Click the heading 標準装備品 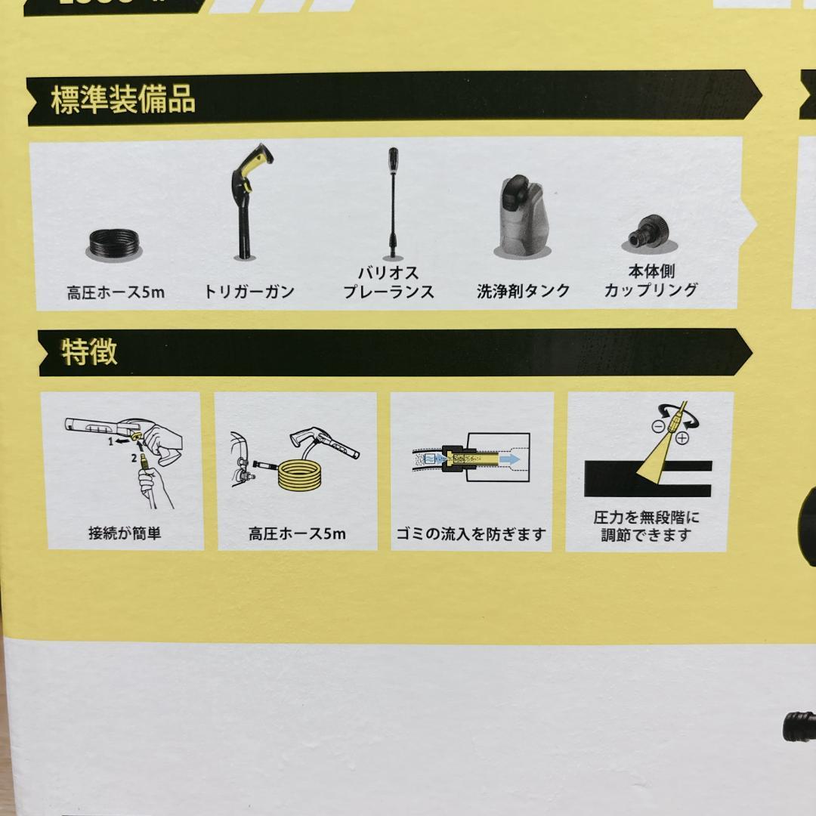coord(123,100)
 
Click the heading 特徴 coord(89,353)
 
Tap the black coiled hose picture coord(114,244)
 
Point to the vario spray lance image coord(392,202)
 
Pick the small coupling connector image coord(649,233)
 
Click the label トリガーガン coord(249,292)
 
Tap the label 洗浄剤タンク coord(523,292)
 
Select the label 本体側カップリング coord(651,280)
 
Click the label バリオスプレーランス coord(388,283)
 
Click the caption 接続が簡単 coord(125,533)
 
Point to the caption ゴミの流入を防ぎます coord(471,533)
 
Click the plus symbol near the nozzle coord(682,437)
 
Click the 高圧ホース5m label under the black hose coord(115,292)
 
